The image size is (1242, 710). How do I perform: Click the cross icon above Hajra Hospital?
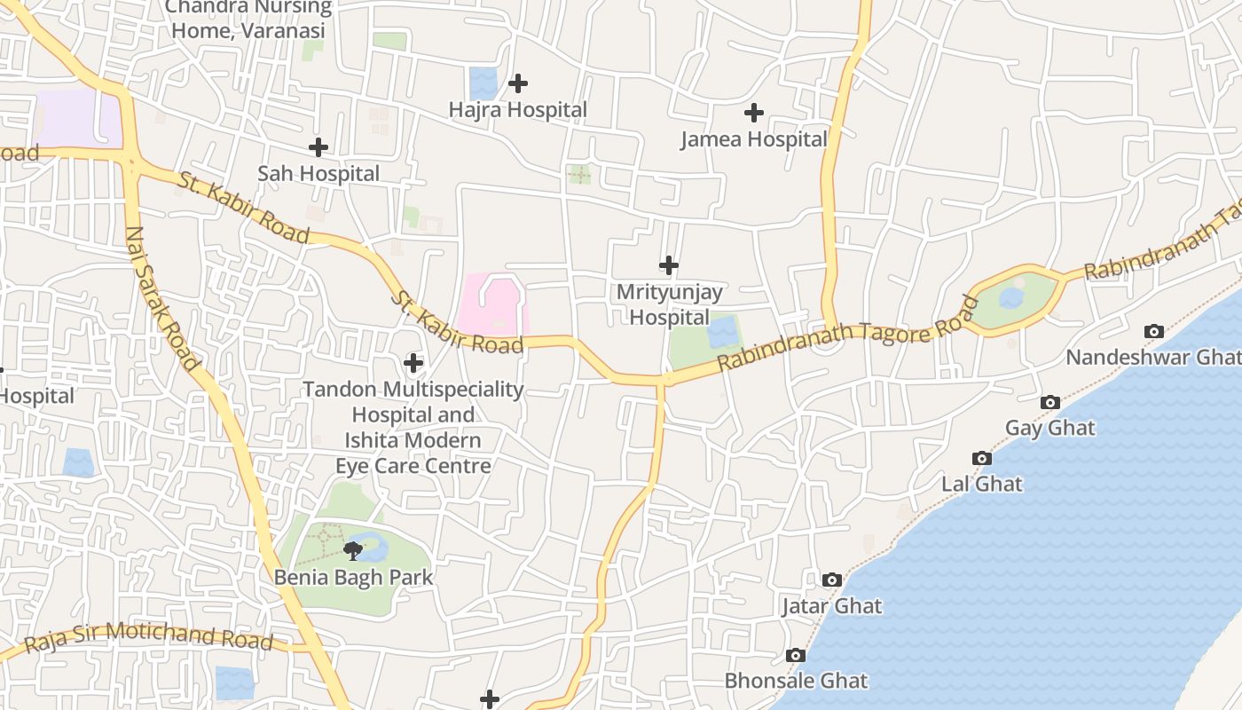click(518, 83)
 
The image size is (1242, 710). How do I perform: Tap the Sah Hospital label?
click(318, 174)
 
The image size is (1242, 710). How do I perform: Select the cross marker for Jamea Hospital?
click(754, 113)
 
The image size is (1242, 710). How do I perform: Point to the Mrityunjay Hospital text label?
click(669, 304)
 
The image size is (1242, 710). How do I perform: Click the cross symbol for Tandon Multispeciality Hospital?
click(413, 362)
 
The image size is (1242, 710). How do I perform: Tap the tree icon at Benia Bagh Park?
click(353, 551)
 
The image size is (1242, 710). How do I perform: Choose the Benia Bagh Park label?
click(353, 578)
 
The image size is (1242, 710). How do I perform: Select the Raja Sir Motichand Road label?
click(148, 637)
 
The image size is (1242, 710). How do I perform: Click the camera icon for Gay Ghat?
click(1050, 402)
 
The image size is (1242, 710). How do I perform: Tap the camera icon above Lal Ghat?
click(982, 458)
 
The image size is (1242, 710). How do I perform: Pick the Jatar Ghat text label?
click(831, 606)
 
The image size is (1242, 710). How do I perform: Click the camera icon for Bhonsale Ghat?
click(796, 655)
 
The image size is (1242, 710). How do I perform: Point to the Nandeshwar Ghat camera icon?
click(1154, 331)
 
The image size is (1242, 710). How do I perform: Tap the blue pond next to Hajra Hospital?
click(483, 83)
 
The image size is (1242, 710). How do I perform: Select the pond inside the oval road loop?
click(1011, 298)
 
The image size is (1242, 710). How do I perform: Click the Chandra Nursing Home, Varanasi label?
click(248, 20)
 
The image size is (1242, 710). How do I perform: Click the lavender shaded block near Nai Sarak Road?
click(78, 118)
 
